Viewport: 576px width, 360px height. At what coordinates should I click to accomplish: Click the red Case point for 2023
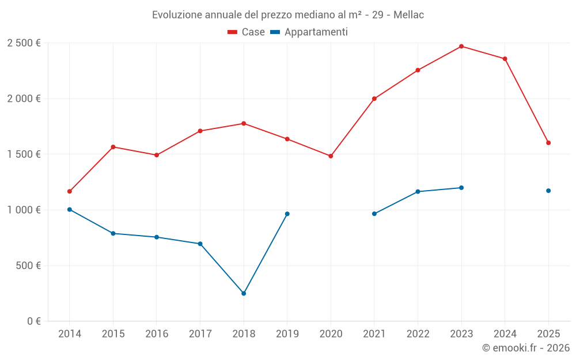point(461,46)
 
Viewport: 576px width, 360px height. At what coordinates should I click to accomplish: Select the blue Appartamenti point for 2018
point(244,293)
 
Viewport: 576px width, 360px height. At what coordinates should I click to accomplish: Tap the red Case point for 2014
point(70,191)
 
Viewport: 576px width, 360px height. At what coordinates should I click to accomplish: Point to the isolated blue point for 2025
point(548,191)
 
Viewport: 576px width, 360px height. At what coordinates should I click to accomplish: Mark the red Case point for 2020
point(331,156)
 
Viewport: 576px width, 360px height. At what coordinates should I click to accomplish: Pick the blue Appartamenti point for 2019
point(287,214)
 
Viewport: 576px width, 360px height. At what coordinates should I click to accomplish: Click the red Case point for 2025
point(548,143)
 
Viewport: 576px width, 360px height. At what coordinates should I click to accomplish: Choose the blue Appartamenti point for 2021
point(374,214)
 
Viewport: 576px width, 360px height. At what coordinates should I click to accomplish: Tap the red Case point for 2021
point(374,98)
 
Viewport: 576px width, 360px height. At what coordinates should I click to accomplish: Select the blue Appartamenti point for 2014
point(70,210)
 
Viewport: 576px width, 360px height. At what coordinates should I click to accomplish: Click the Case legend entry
point(247,32)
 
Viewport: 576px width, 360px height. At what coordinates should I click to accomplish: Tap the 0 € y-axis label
point(32,321)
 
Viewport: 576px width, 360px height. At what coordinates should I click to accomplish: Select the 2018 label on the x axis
point(244,334)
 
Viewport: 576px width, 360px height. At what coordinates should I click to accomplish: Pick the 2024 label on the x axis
point(505,334)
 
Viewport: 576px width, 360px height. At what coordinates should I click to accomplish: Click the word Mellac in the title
point(408,14)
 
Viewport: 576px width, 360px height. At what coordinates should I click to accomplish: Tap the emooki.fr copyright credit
point(526,348)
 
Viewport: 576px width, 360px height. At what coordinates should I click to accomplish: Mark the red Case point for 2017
point(200,131)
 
